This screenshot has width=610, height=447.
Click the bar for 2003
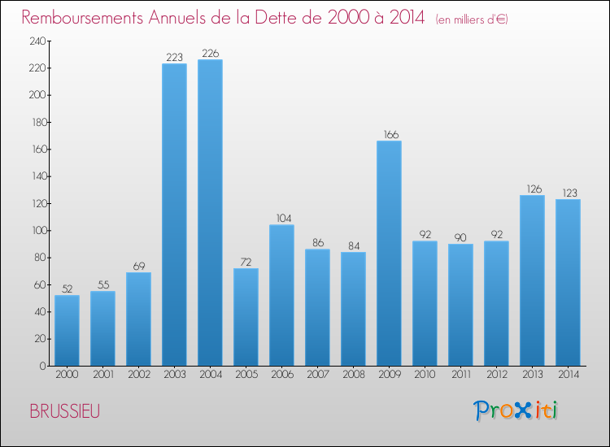(x=174, y=215)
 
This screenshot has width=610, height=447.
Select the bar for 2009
(x=389, y=253)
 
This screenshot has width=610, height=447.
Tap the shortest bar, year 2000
(x=67, y=331)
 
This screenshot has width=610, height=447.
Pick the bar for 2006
(x=281, y=295)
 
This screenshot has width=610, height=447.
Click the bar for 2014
(x=568, y=282)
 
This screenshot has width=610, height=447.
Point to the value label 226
(x=211, y=54)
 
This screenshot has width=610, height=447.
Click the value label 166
(x=391, y=134)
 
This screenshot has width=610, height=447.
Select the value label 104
(x=284, y=219)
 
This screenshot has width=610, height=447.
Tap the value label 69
(x=139, y=267)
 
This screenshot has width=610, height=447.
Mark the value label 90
(x=460, y=237)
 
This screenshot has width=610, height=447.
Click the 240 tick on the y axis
(x=37, y=41)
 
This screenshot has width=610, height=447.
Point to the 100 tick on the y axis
(x=39, y=231)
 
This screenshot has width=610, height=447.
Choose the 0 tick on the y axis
(x=43, y=366)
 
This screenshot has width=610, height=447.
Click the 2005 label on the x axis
(x=246, y=375)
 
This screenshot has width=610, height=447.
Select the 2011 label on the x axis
(x=461, y=375)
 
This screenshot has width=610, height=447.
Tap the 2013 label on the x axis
(x=533, y=375)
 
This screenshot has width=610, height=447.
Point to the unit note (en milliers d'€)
(x=472, y=20)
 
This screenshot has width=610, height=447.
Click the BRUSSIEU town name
(x=65, y=411)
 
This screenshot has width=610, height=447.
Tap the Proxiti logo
(x=516, y=410)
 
